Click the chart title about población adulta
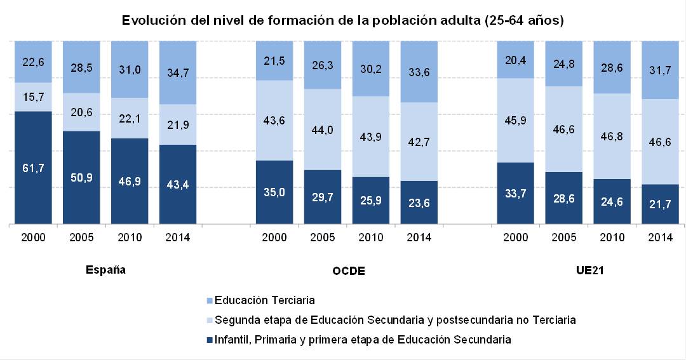point(343,20)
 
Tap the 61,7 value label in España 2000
point(33,168)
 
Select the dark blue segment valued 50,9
point(81,177)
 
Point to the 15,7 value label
point(33,97)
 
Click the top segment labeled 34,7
point(178,72)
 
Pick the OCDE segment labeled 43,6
point(274,120)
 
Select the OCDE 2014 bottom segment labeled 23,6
point(419,203)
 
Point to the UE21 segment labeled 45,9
point(515,120)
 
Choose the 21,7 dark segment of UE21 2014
point(660,204)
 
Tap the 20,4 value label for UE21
point(515,59)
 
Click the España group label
point(105,270)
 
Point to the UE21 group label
point(588,270)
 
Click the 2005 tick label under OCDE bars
point(322,237)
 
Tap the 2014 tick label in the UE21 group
point(660,237)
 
